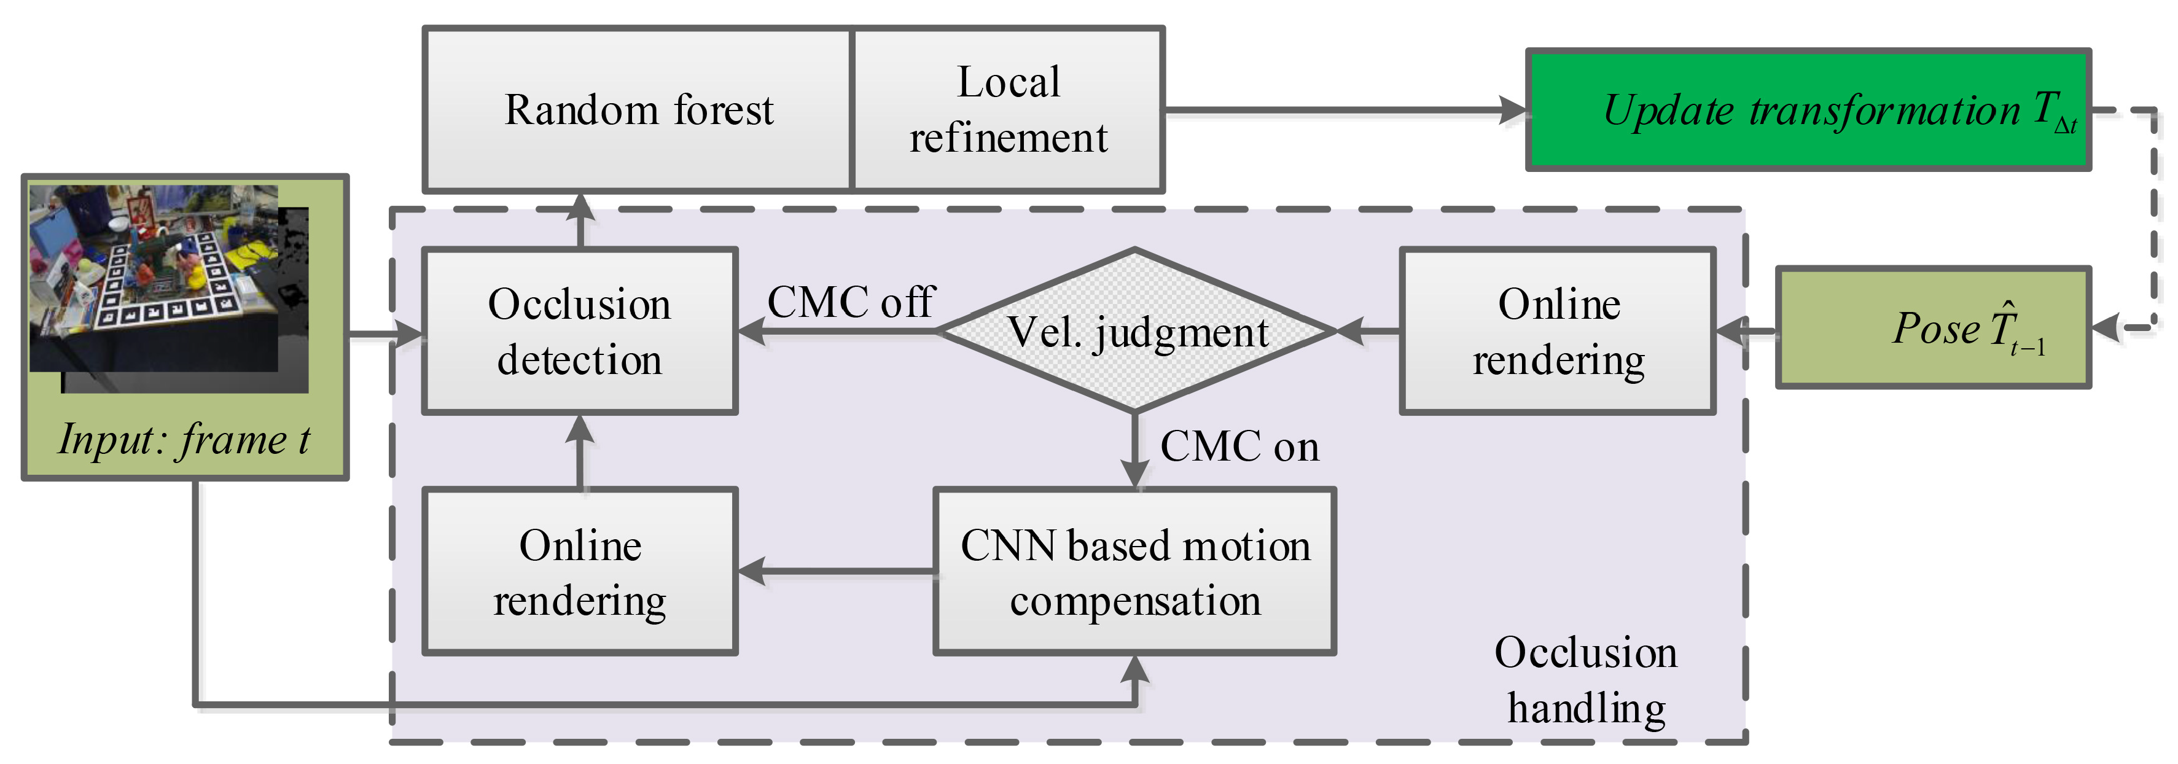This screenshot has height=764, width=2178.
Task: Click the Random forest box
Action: coord(638,110)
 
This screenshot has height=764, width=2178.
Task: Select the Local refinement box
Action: coord(1008,110)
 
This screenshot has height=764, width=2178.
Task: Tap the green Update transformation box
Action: coord(1808,111)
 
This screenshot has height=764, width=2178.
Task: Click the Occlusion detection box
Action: coord(580,331)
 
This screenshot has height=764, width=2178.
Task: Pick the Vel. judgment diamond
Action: coord(1136,331)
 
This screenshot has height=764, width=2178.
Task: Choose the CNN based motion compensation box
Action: coord(1134,572)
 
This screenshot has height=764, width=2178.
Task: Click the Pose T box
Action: coord(1933,328)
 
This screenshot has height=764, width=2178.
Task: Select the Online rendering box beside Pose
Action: coord(1558,331)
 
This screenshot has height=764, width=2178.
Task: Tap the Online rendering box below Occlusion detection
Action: coord(580,572)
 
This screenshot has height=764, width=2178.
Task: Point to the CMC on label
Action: coord(1239,446)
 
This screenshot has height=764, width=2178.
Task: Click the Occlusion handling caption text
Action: coord(1585,680)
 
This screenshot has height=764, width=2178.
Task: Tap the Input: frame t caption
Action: coord(184,440)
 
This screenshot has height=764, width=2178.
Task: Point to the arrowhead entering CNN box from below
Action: coord(1134,670)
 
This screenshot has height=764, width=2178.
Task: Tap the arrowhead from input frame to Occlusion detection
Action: coord(410,334)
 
